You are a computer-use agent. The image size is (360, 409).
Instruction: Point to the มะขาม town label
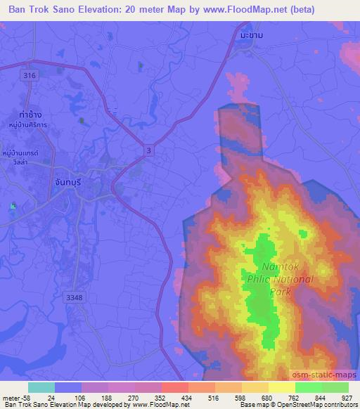coord(250,34)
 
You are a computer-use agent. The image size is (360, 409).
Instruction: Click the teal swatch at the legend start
coord(41,387)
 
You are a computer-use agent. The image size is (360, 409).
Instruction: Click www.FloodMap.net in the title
coord(243,9)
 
